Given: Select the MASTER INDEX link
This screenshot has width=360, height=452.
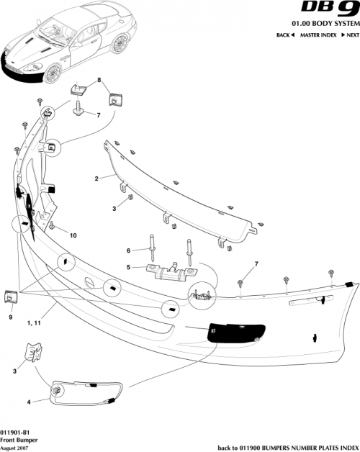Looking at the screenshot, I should tap(318, 35).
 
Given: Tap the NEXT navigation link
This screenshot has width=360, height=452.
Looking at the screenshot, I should tap(350, 35).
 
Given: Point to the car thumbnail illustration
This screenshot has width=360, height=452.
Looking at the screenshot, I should tap(50, 40).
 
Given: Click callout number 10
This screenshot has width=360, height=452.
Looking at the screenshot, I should tap(73, 235).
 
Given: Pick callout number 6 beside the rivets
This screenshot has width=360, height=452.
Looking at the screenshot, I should tap(128, 250).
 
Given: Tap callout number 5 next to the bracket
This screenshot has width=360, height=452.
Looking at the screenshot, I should tap(128, 267).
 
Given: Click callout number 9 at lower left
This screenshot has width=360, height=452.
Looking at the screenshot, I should tap(11, 316).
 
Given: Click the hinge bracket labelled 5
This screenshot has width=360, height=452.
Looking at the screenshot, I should tap(173, 271).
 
